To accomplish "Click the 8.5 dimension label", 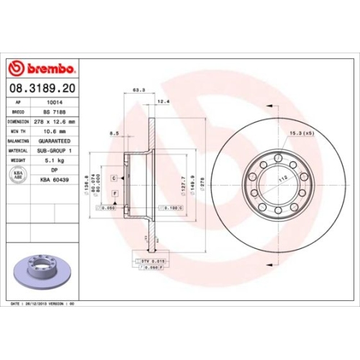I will (x=114, y=133).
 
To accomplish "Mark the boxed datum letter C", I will (x=114, y=176).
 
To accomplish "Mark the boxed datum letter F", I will (x=114, y=195).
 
